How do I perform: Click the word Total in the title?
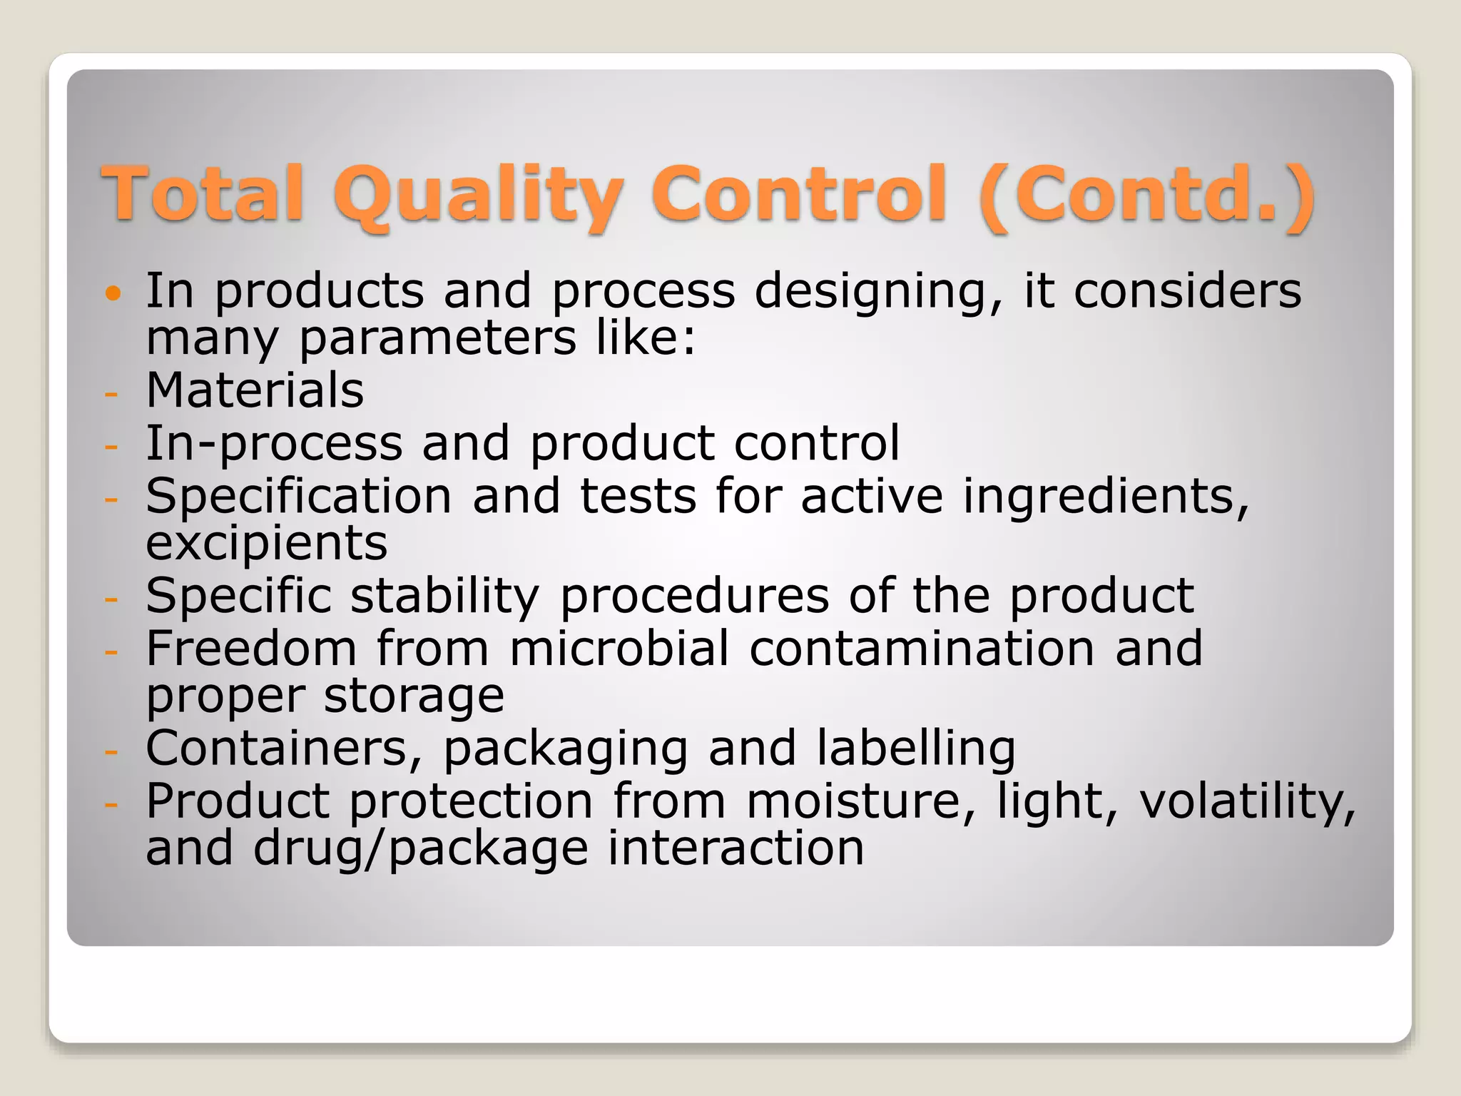pos(203,193)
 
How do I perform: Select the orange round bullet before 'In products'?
pos(113,293)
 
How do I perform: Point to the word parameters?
pos(437,338)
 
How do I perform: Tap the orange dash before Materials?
pos(111,393)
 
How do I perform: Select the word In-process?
pos(274,444)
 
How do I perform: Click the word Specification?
pos(299,497)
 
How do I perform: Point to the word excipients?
pos(266,544)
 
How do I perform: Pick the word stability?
pos(444,596)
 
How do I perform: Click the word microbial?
pos(619,649)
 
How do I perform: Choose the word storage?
pos(414,696)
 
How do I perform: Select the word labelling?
pos(916,749)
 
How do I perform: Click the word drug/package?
pos(421,849)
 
